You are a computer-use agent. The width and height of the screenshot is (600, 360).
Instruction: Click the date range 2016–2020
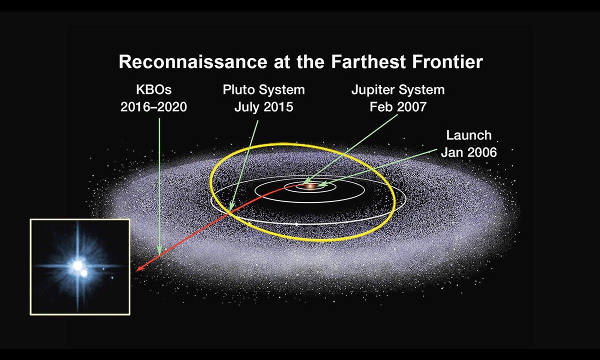pyautogui.click(x=153, y=107)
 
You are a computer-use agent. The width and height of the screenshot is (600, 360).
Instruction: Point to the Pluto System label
pyautogui.click(x=263, y=90)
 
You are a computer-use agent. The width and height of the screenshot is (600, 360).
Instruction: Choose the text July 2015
pyautogui.click(x=263, y=107)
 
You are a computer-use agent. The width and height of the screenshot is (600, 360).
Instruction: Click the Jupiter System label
pyautogui.click(x=397, y=90)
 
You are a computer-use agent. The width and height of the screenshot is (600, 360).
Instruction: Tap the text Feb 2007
pyautogui.click(x=397, y=107)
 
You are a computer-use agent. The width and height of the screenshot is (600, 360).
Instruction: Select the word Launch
pyautogui.click(x=468, y=135)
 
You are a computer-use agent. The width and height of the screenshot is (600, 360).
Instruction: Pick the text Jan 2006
pyautogui.click(x=468, y=152)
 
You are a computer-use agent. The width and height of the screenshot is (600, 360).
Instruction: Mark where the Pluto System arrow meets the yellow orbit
pyautogui.click(x=231, y=208)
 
